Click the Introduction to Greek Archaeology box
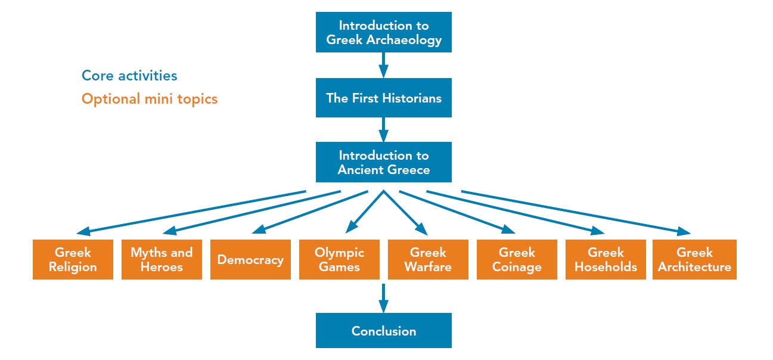(x=383, y=32)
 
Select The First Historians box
(x=383, y=98)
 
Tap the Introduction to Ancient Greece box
(x=383, y=162)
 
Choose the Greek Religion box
(x=73, y=259)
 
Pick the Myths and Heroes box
(x=162, y=259)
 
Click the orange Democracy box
(x=250, y=259)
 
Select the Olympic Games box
(x=339, y=259)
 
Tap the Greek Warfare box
(x=428, y=259)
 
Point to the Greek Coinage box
(x=517, y=259)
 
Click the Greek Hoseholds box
(x=606, y=259)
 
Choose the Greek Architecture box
(x=694, y=259)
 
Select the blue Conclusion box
(x=383, y=331)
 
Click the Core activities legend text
(x=129, y=76)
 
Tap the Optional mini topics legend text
(x=150, y=98)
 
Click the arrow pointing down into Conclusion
(x=383, y=298)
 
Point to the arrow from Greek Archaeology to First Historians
(x=383, y=65)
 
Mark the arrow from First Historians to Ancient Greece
(x=383, y=129)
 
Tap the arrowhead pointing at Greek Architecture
(x=683, y=232)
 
